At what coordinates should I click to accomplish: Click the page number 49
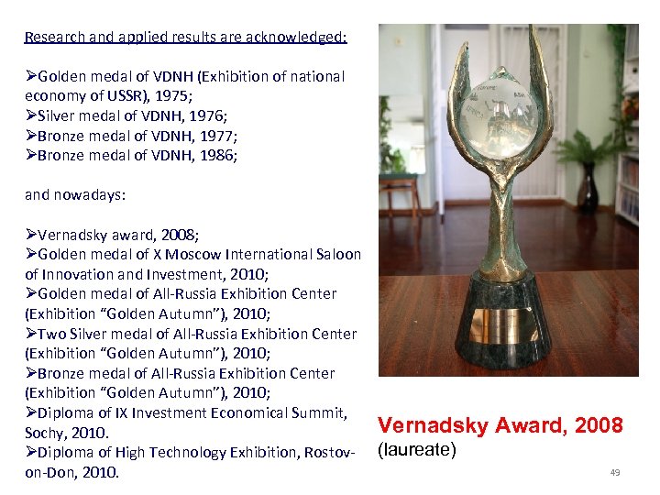click(x=615, y=472)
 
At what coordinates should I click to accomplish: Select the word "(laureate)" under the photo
click(x=417, y=450)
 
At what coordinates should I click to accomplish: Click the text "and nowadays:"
click(x=75, y=195)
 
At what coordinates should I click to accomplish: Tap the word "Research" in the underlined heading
click(x=55, y=38)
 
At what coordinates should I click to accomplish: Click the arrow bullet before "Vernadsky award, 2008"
click(x=30, y=235)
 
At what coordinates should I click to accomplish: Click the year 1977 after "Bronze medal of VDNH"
click(x=221, y=136)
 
